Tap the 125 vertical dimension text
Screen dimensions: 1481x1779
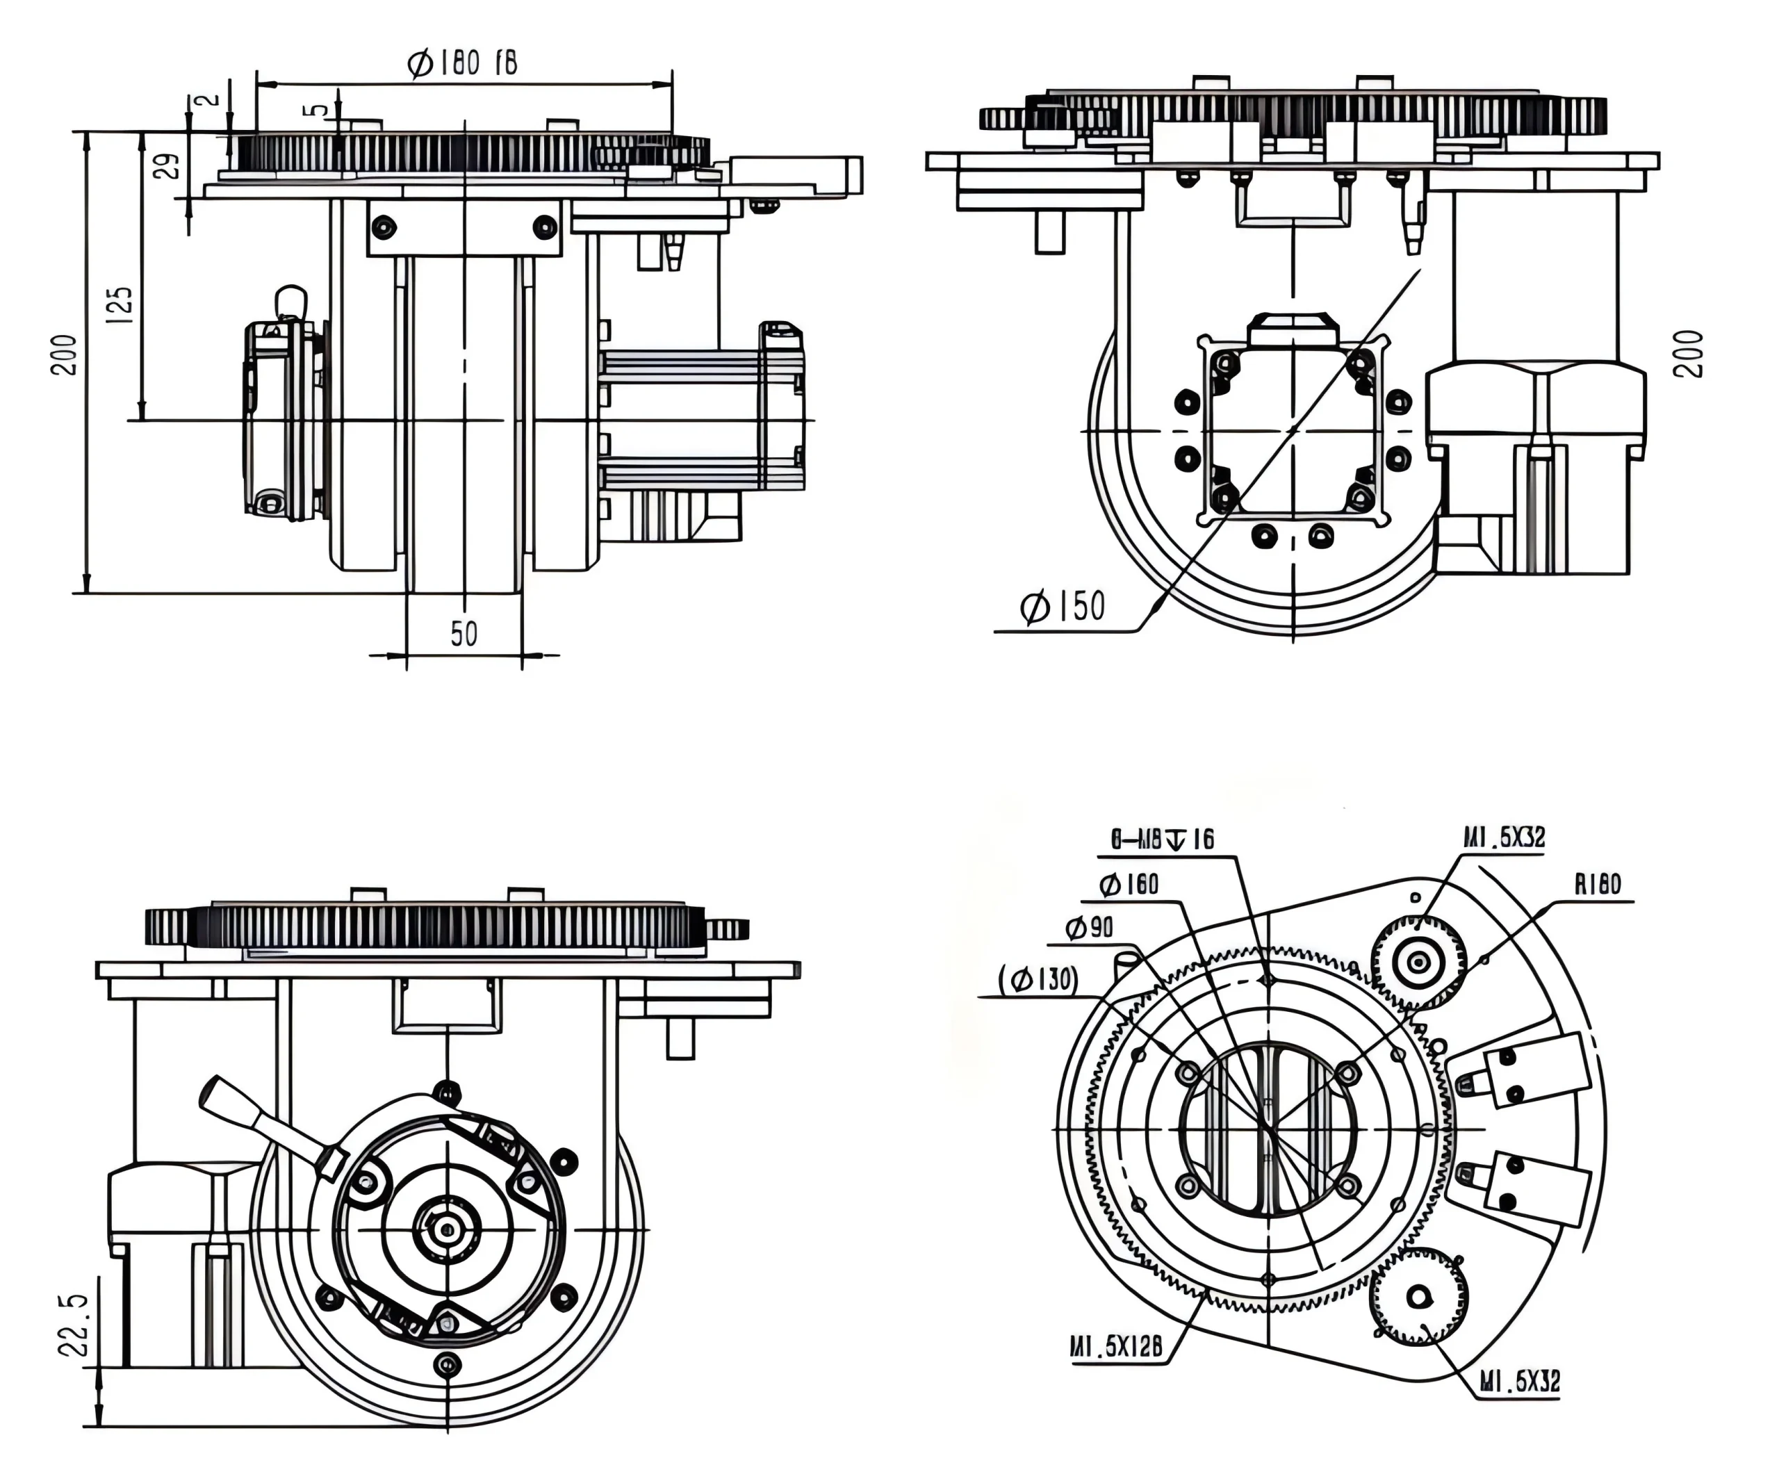120,304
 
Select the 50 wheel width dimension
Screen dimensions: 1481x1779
464,634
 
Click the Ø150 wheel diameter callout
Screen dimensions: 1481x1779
1063,607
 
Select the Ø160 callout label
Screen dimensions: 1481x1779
1129,885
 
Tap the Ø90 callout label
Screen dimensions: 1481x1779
1090,928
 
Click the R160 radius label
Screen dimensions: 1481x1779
1597,885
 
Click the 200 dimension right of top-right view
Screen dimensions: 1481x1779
1689,353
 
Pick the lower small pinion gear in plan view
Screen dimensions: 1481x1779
1419,1296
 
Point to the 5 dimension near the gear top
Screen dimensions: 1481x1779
317,110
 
